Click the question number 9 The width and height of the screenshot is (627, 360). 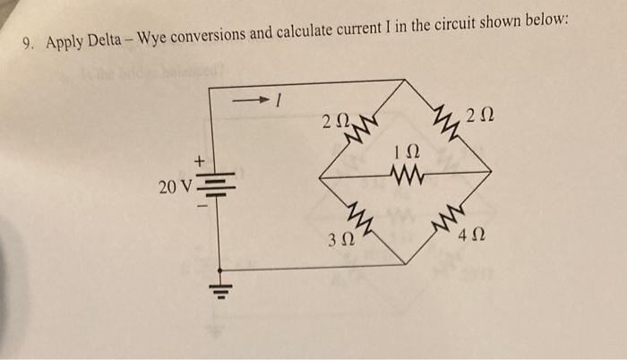click(x=27, y=42)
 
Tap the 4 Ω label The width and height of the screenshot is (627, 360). click(x=472, y=239)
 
